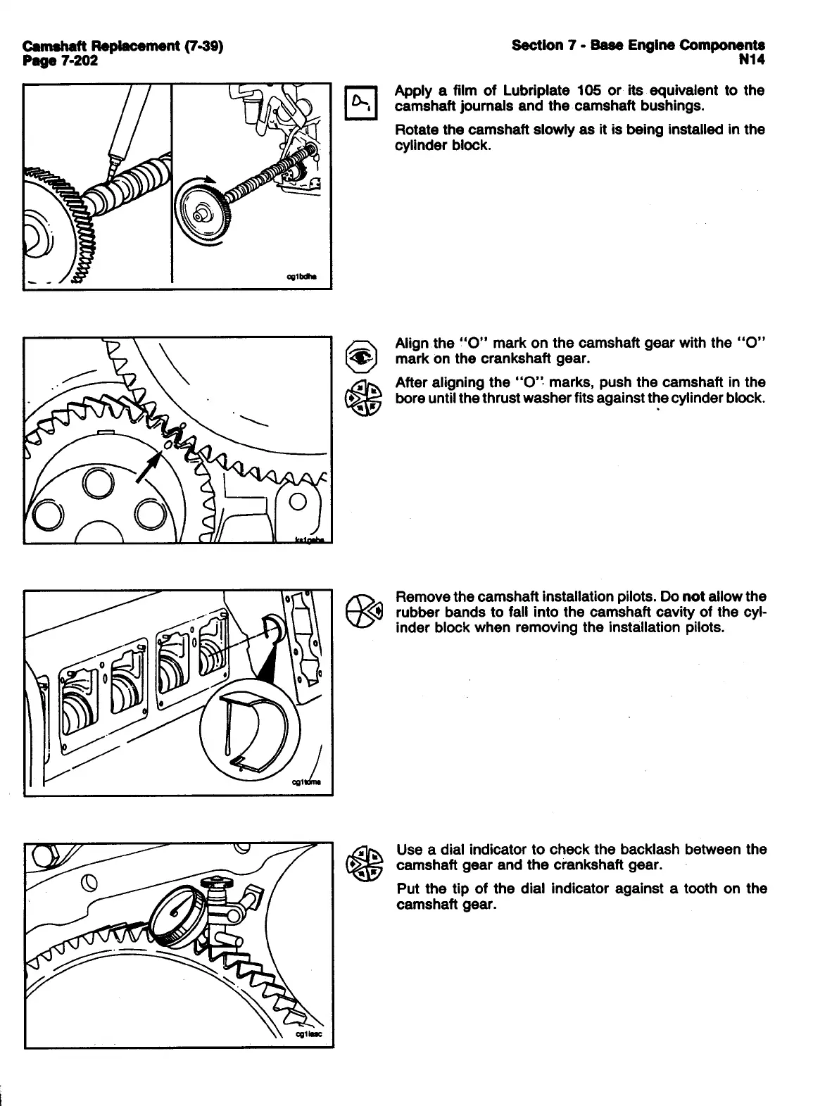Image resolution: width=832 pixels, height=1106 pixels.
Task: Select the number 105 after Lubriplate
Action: point(588,90)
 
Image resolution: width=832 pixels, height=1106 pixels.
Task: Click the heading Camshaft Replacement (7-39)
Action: point(123,46)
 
